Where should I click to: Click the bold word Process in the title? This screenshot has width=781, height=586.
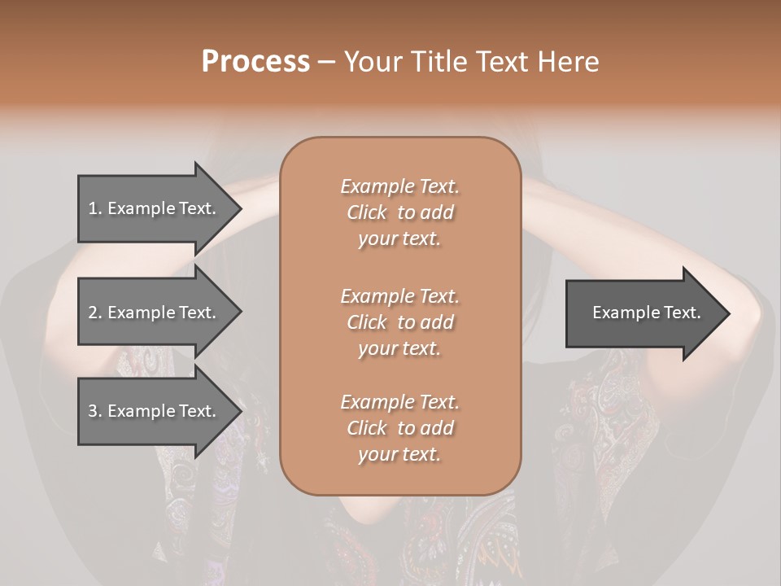255,62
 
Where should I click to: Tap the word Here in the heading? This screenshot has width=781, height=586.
569,62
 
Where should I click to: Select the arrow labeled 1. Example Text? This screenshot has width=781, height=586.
155,208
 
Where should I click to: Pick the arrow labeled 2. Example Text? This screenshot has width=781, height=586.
155,313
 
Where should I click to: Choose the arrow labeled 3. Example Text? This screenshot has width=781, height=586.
155,411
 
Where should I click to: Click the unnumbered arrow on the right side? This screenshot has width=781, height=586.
643,313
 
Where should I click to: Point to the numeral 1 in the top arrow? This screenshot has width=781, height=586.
92,208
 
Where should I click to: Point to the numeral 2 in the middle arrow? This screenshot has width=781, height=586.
93,313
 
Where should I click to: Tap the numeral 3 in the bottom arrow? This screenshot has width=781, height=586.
93,411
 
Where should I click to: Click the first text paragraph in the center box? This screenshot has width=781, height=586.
399,212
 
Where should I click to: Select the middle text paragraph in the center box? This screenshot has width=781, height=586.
399,322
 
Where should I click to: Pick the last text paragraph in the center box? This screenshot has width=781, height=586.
399,428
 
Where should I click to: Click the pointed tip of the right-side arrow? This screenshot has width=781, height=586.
728,313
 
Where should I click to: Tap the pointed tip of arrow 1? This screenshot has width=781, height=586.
240,208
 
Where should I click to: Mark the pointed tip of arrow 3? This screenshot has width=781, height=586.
240,411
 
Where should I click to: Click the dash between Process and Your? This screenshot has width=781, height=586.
326,62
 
